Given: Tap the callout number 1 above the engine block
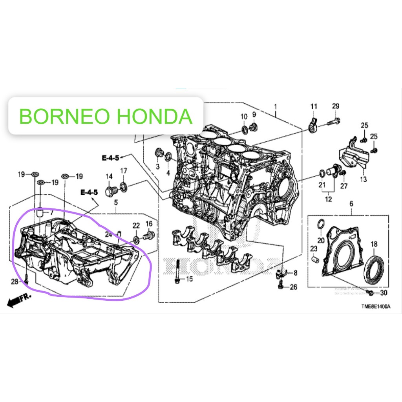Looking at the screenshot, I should pyautogui.click(x=276, y=106).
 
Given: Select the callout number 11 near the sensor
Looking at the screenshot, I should pyautogui.click(x=314, y=106).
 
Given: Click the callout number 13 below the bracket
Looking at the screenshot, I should pyautogui.click(x=363, y=179).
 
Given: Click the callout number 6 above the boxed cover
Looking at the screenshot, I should pyautogui.click(x=351, y=203).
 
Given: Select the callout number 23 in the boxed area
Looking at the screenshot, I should pyautogui.click(x=314, y=249).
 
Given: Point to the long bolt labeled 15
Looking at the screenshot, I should pyautogui.click(x=178, y=271).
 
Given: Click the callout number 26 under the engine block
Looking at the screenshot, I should pyautogui.click(x=293, y=287).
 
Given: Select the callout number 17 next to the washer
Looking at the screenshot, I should pyautogui.click(x=124, y=171).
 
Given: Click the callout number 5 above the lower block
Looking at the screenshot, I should pyautogui.click(x=116, y=203).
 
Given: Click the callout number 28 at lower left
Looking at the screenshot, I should pyautogui.click(x=15, y=282).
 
